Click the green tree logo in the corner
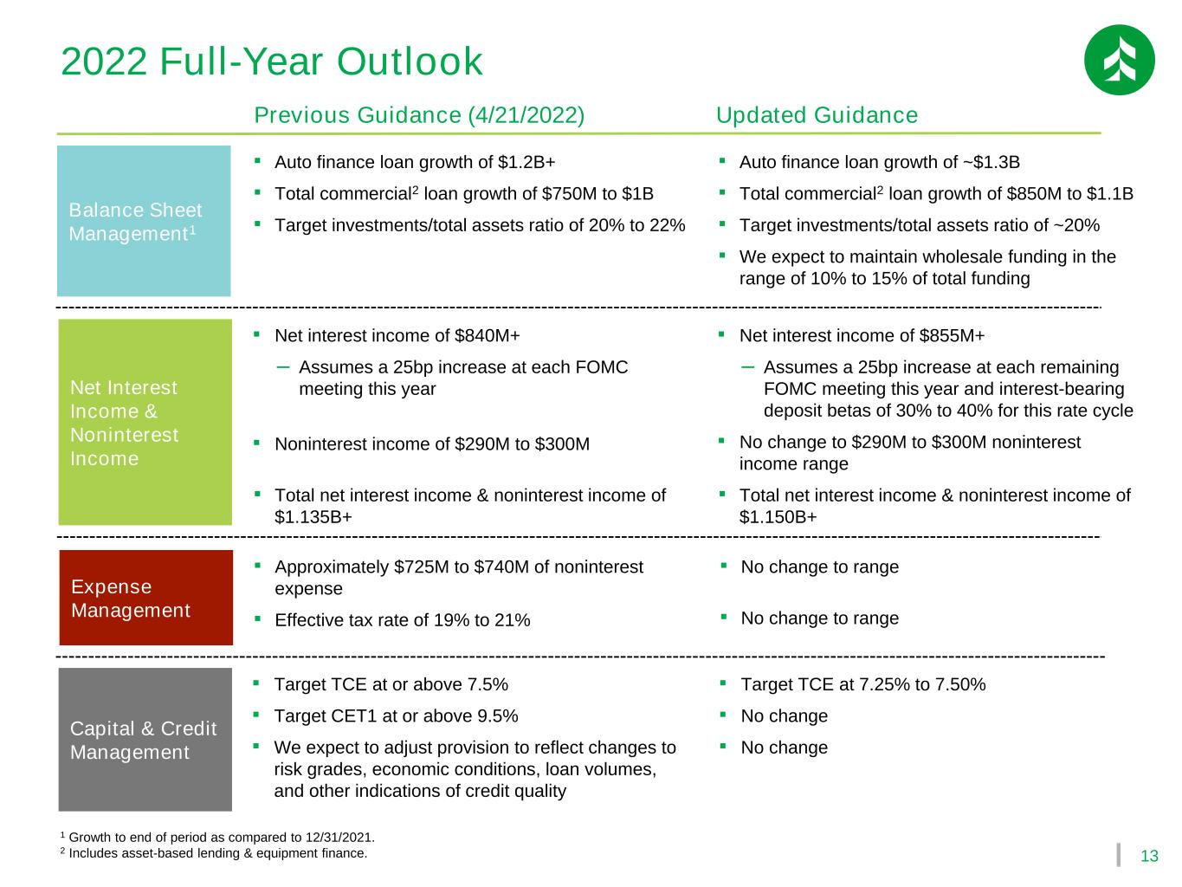pyautogui.click(x=1119, y=60)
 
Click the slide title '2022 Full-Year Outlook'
pyautogui.click(x=272, y=62)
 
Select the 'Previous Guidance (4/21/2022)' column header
pyautogui.click(x=419, y=115)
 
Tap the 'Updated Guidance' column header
pyautogui.click(x=817, y=115)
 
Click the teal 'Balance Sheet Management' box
pyautogui.click(x=144, y=221)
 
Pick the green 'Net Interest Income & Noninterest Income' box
pyautogui.click(x=145, y=422)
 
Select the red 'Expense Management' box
pyautogui.click(x=145, y=598)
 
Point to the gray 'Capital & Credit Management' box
pyautogui.click(x=145, y=739)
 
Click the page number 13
pyautogui.click(x=1149, y=857)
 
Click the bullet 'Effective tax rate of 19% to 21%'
pyautogui.click(x=402, y=620)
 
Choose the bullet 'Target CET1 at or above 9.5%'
pyautogui.click(x=396, y=716)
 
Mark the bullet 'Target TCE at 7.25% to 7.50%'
pyautogui.click(x=862, y=685)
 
